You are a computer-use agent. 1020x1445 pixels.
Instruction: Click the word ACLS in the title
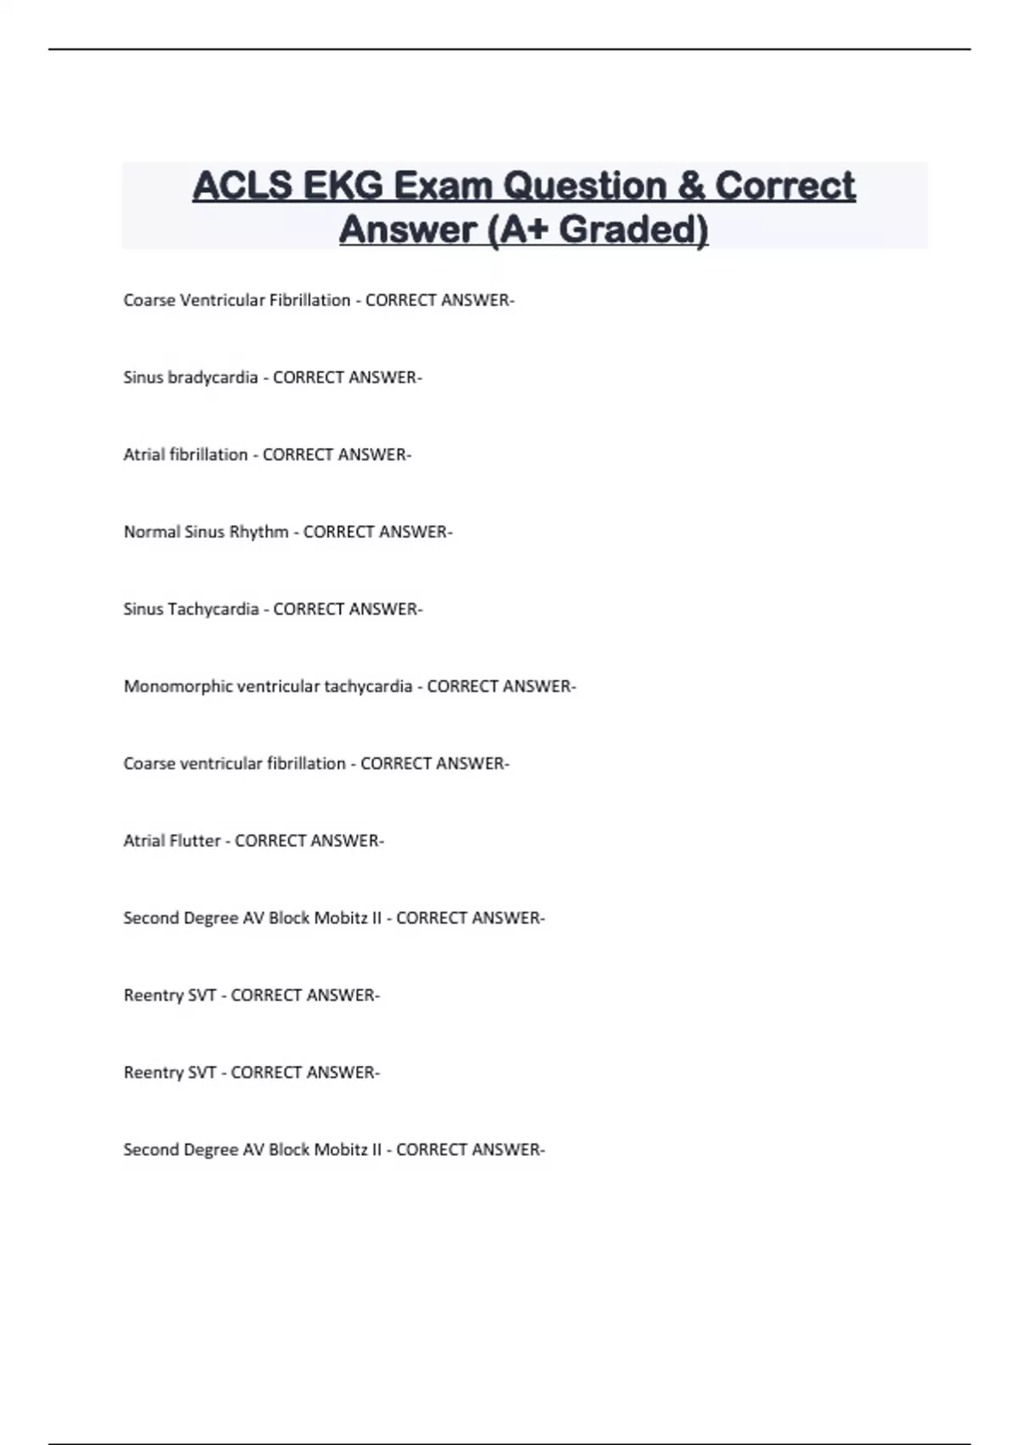(x=242, y=186)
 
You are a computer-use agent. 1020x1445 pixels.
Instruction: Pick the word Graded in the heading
(x=633, y=229)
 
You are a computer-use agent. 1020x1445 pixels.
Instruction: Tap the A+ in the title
(x=518, y=229)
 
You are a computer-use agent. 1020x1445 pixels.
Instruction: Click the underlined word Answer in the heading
(x=407, y=229)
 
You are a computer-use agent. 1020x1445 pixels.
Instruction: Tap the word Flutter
(x=195, y=841)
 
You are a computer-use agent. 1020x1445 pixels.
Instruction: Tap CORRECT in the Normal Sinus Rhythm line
(x=337, y=532)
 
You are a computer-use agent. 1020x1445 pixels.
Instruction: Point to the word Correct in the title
(x=785, y=186)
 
